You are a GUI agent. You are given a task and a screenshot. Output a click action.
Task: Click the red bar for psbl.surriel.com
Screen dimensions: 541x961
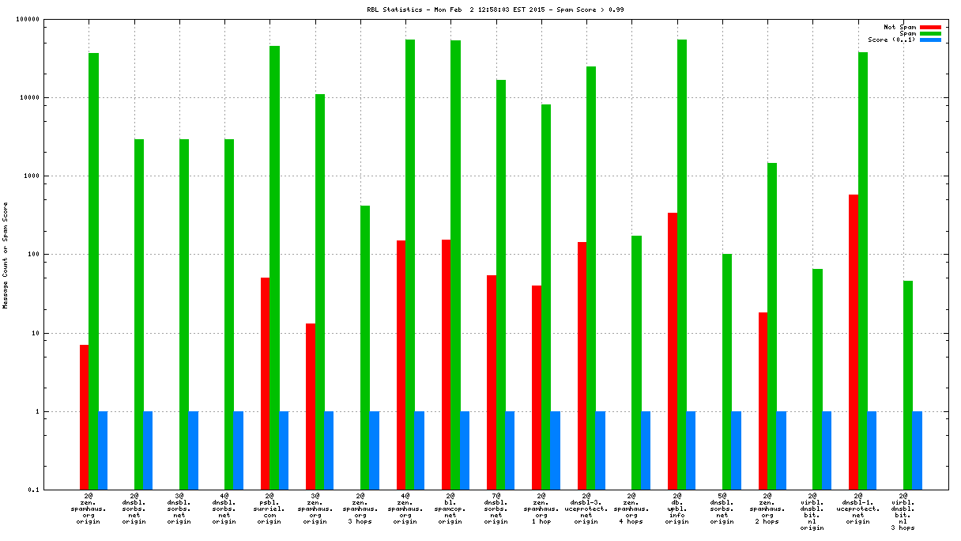tap(265, 384)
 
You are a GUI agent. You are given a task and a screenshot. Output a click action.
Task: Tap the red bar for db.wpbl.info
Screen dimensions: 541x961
tap(673, 351)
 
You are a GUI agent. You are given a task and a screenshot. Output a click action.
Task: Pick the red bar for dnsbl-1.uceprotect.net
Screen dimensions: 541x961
tap(854, 342)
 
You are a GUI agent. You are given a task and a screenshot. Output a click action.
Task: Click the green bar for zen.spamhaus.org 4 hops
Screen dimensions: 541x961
tap(636, 362)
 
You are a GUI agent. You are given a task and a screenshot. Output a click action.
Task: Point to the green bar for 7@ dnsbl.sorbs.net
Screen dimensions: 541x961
tap(501, 285)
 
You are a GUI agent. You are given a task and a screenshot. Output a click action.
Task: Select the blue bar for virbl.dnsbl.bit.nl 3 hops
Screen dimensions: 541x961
tap(917, 450)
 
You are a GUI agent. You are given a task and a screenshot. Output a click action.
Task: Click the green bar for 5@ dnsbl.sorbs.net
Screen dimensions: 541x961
tap(727, 372)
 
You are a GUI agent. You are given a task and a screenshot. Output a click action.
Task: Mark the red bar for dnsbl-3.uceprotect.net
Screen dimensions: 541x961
tap(582, 365)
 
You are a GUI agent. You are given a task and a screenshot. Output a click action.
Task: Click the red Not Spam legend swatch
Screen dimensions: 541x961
tap(930, 27)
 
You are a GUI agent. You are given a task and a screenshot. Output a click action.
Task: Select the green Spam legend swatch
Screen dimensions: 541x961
tap(930, 33)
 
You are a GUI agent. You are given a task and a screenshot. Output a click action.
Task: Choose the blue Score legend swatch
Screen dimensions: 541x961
tap(930, 40)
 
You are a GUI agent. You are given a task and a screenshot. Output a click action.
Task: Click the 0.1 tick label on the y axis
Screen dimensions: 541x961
tap(55, 490)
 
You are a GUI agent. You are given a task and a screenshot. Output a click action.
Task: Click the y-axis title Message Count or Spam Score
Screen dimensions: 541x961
tap(6, 255)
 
